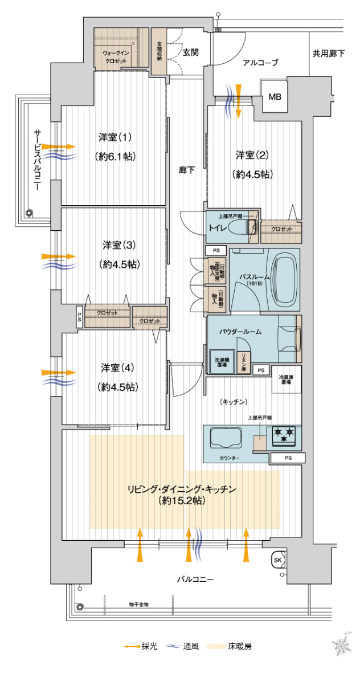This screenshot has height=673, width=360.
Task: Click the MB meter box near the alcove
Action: coord(275,97)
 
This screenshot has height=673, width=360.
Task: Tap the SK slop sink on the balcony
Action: coord(279,559)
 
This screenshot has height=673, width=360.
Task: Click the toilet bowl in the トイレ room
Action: coord(252,227)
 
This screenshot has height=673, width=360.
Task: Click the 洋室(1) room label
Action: coord(115,137)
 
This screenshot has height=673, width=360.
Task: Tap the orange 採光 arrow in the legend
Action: coord(132,646)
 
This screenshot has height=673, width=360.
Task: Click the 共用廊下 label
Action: coord(329,54)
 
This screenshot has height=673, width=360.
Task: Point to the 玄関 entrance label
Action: coord(190,52)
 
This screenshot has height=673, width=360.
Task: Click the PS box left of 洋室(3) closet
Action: coord(80,317)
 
